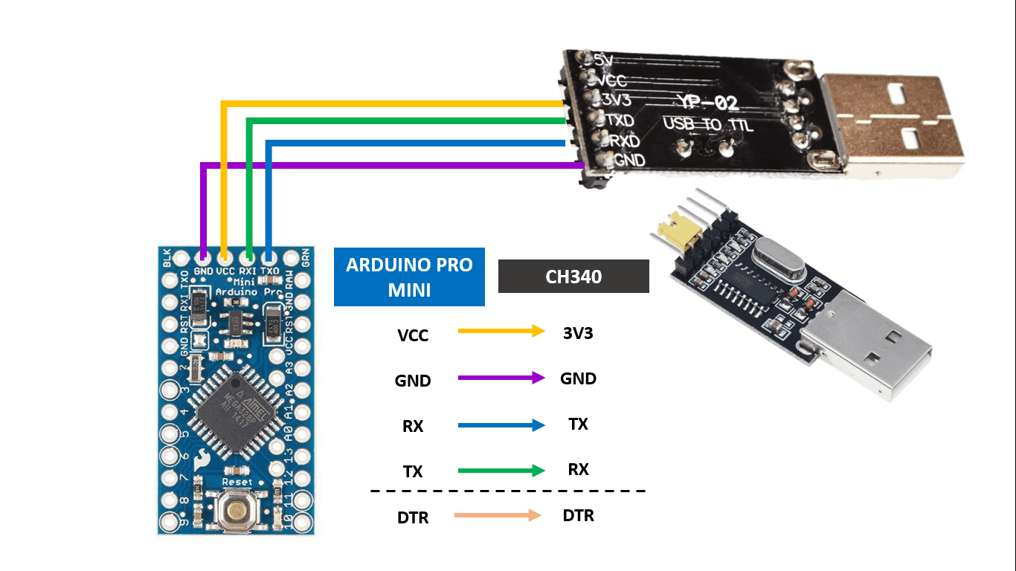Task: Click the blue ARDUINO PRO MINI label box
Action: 409,277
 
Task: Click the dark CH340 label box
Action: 573,277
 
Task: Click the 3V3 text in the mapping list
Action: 578,333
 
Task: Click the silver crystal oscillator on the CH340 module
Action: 777,259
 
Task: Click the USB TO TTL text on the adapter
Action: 707,124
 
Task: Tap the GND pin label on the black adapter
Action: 629,159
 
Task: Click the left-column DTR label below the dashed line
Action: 413,517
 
